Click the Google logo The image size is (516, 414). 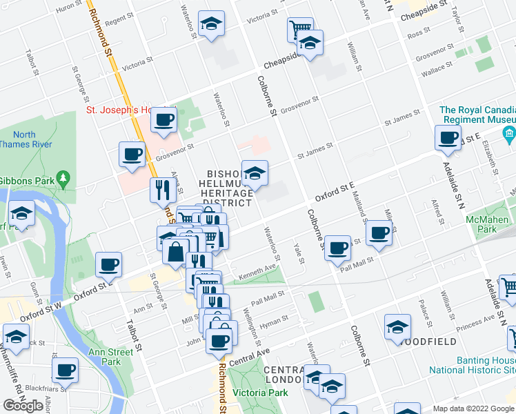coord(23,406)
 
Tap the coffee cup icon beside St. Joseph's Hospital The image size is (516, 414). coord(163,120)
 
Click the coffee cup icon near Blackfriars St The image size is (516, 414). coord(65,369)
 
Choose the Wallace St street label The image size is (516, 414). coord(438,68)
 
